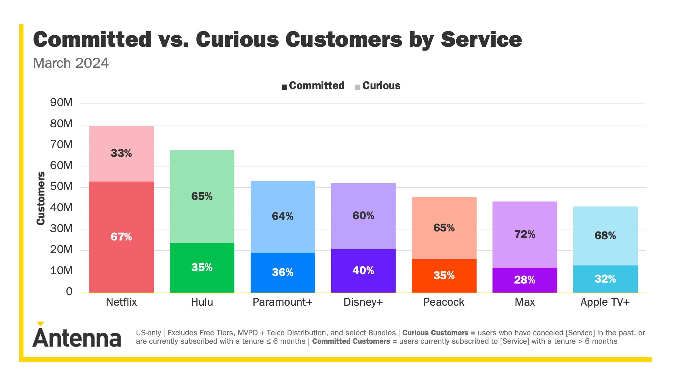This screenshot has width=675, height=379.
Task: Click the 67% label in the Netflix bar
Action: point(121,237)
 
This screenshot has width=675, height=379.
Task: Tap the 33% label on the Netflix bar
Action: point(121,153)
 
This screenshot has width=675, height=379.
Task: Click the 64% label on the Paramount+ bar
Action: point(282,216)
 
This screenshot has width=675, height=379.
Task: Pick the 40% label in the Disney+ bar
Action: point(363,270)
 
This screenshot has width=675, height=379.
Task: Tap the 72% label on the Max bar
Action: point(525,234)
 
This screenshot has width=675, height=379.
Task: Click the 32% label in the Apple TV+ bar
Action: point(605,279)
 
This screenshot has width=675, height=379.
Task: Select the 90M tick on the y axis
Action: point(61,103)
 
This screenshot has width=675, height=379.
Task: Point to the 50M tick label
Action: point(61,187)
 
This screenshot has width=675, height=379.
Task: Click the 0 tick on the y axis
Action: point(69,291)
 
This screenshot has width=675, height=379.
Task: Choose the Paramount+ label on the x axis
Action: point(282,302)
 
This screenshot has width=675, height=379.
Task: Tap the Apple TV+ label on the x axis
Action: point(605,302)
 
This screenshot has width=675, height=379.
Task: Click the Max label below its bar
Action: point(525,302)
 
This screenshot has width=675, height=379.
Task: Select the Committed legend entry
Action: point(313,86)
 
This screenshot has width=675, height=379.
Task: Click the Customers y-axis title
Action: point(41,198)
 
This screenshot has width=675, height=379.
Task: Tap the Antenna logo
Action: point(77,336)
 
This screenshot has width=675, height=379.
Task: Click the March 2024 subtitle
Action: point(71,63)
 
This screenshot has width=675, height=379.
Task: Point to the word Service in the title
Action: point(481,40)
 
